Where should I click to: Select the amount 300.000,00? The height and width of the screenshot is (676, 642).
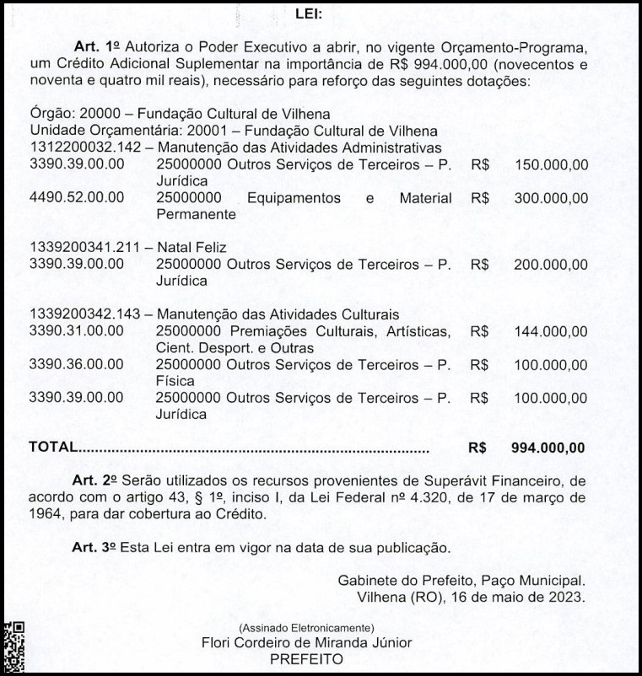551,198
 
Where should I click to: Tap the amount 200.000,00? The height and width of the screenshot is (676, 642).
551,264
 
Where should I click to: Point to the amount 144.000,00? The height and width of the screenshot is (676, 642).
551,331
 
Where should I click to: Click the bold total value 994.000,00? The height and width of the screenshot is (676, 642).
548,447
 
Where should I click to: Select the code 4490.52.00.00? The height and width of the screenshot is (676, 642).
77,198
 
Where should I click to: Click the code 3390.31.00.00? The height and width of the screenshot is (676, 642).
77,331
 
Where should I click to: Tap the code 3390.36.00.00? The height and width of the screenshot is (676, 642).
77,364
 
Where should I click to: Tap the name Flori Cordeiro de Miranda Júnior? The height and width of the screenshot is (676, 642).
308,643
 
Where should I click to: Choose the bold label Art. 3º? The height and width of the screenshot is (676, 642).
94,547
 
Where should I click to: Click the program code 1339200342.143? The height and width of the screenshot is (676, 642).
83,314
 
